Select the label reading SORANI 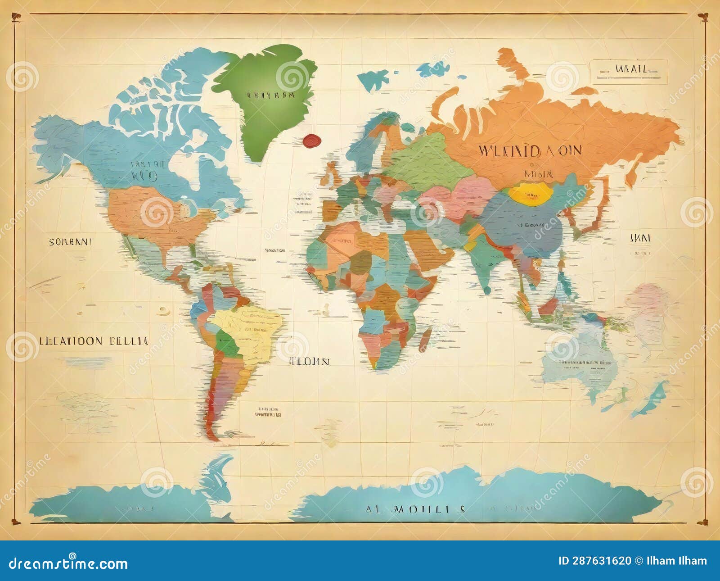point(70,241)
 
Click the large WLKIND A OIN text point(530,150)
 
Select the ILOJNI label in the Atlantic point(309,361)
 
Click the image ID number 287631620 point(594,561)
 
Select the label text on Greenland point(270,95)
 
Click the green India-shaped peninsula point(484,266)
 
